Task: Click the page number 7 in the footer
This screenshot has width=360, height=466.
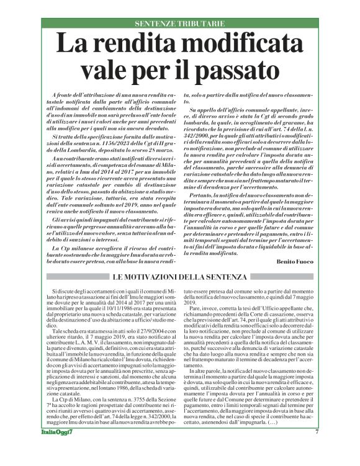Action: point(317,449)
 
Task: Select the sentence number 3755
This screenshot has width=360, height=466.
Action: point(122,397)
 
